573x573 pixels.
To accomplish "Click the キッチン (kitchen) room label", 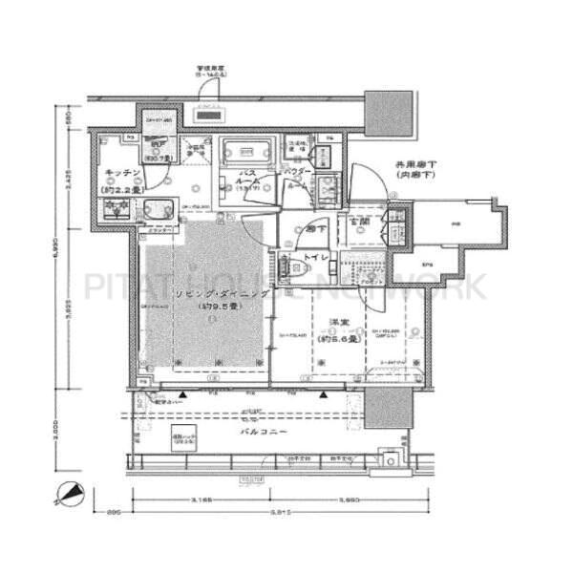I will point(123,172).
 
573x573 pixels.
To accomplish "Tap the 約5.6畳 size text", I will point(340,338).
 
